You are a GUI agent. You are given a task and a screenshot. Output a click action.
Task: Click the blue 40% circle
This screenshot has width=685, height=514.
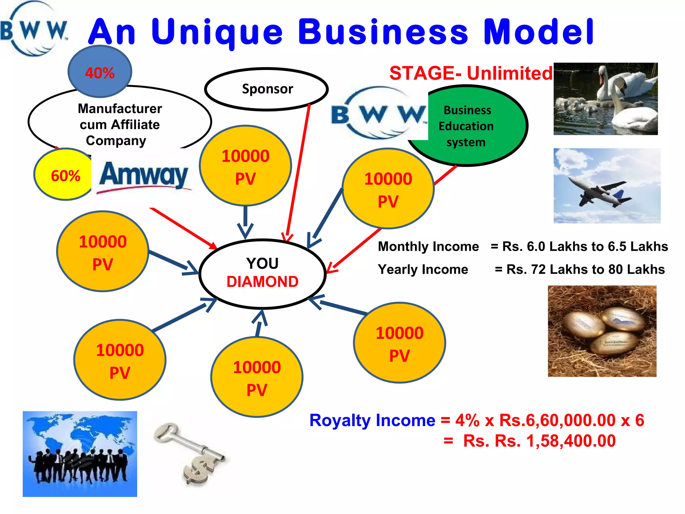coord(100,72)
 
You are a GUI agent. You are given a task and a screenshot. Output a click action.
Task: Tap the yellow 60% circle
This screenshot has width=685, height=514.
coord(64,175)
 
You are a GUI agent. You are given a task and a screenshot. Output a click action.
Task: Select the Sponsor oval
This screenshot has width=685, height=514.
coord(267,89)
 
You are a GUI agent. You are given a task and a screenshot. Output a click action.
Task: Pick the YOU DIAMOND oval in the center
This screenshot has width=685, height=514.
coord(263,273)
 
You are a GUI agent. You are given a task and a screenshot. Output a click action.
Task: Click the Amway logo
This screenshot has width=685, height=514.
coord(144,176)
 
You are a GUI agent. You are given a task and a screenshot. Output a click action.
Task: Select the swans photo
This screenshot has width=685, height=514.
coord(605,99)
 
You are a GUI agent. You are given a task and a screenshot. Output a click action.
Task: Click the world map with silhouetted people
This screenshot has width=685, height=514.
coord(80,454)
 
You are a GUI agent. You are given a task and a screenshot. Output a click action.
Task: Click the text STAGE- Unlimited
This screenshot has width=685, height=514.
coord(471,73)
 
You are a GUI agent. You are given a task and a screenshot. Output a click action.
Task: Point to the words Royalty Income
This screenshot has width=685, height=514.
coord(372,420)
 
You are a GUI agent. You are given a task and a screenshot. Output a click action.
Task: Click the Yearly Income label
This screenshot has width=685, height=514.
coord(423,269)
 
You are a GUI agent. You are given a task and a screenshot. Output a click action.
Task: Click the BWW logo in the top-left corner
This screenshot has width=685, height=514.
coord(33,30)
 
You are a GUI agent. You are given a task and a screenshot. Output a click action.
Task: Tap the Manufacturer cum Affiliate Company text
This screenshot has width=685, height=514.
coord(119,124)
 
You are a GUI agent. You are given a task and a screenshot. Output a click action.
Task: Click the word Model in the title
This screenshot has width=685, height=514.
coord(539,32)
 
